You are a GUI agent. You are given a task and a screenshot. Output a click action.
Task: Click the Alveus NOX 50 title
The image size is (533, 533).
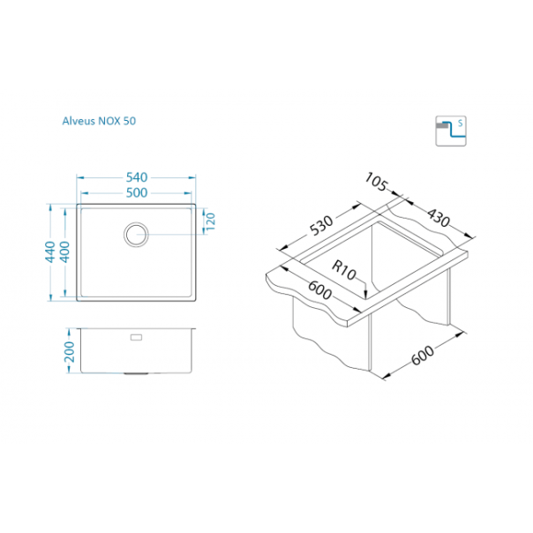pyautogui.click(x=99, y=121)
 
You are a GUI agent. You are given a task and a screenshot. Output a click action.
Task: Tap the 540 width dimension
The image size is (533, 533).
pyautogui.click(x=137, y=177)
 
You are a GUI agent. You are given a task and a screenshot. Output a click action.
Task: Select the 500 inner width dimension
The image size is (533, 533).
pyautogui.click(x=137, y=193)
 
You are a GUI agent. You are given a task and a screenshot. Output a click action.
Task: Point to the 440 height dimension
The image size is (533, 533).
pyautogui.click(x=50, y=251)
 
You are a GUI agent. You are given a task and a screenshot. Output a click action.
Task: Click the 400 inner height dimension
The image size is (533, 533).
pyautogui.click(x=64, y=251)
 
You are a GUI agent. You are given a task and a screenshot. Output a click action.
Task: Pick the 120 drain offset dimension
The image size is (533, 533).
pyautogui.click(x=211, y=221)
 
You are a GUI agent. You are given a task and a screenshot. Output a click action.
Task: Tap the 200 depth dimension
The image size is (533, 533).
pyautogui.click(x=70, y=352)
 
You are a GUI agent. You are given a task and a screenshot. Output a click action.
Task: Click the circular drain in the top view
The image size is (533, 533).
pyautogui.click(x=136, y=235)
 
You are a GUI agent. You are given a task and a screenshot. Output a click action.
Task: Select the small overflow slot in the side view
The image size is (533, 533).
pyautogui.click(x=136, y=337)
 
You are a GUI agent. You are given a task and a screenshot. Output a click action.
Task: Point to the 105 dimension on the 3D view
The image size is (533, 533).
pyautogui.click(x=376, y=182)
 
